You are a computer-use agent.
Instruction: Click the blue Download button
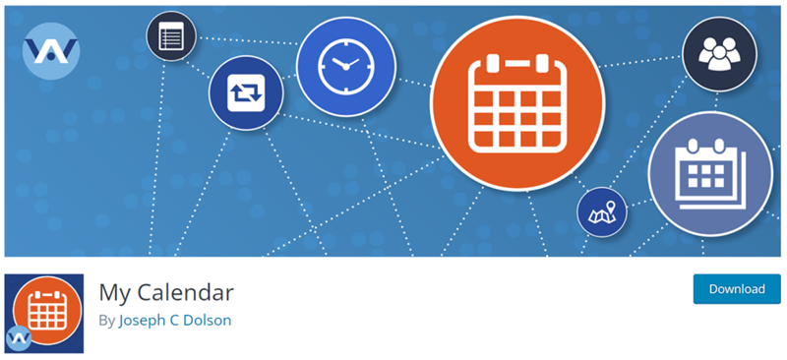pos(737,289)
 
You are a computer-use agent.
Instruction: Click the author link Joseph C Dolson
pos(175,321)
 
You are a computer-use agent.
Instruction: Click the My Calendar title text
pos(165,292)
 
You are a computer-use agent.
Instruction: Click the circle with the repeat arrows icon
pos(245,93)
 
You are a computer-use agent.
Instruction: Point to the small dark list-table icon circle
pos(171,37)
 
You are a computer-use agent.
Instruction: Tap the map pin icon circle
pos(602,211)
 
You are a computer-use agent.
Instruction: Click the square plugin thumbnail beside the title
pos(44,314)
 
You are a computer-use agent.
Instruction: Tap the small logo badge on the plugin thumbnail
pos(20,338)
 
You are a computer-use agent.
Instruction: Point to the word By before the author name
pos(106,321)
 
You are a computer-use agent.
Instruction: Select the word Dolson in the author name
pos(207,321)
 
